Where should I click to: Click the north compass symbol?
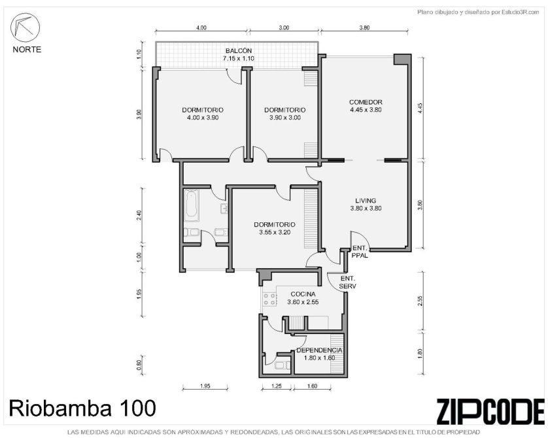pos(25,26)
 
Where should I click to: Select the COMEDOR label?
pos(366,102)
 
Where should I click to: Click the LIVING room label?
pos(366,201)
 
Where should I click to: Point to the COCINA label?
pos(303,294)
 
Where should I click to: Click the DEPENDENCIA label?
pos(319,350)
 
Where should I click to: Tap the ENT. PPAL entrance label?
pos(360,252)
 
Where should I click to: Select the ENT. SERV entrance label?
pos(348,282)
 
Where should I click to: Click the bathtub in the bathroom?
pos(191,205)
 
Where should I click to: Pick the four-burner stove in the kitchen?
pos(270,299)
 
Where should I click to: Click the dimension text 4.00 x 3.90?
pos(203,118)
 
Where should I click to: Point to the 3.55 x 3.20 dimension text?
pos(275,232)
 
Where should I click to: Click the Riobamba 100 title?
pos(82,408)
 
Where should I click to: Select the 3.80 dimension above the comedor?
pos(364,28)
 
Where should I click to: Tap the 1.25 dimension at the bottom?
pos(277,386)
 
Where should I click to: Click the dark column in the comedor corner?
pos(402,59)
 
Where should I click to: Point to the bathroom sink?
pos(224,208)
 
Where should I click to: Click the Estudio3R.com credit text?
pos(478,12)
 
